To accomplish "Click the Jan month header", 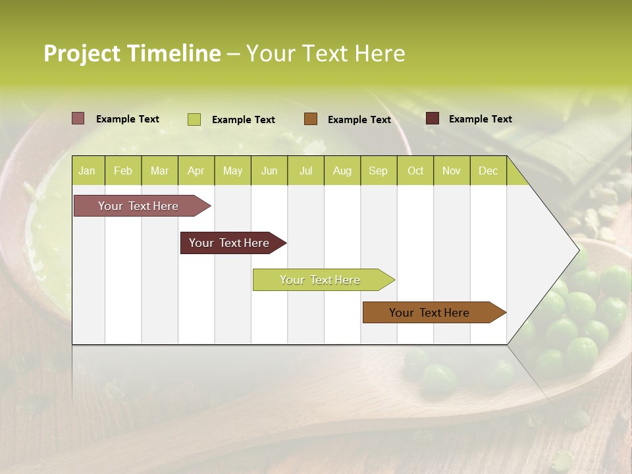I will point(87,171).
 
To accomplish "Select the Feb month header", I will point(123,171).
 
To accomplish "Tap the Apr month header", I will point(196,171).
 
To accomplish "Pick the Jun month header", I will point(269,171).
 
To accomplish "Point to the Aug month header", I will point(342,171).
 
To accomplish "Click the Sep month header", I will point(378,171).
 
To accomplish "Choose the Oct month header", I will point(415,171).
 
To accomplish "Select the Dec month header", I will point(488,171).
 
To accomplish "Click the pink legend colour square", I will point(78,118).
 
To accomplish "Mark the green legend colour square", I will point(194,119).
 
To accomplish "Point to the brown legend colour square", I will point(311,118).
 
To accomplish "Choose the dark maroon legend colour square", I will point(432,118).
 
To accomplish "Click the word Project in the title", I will point(82,53).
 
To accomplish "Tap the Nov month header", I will point(451,171).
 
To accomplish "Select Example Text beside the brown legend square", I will point(359,119).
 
